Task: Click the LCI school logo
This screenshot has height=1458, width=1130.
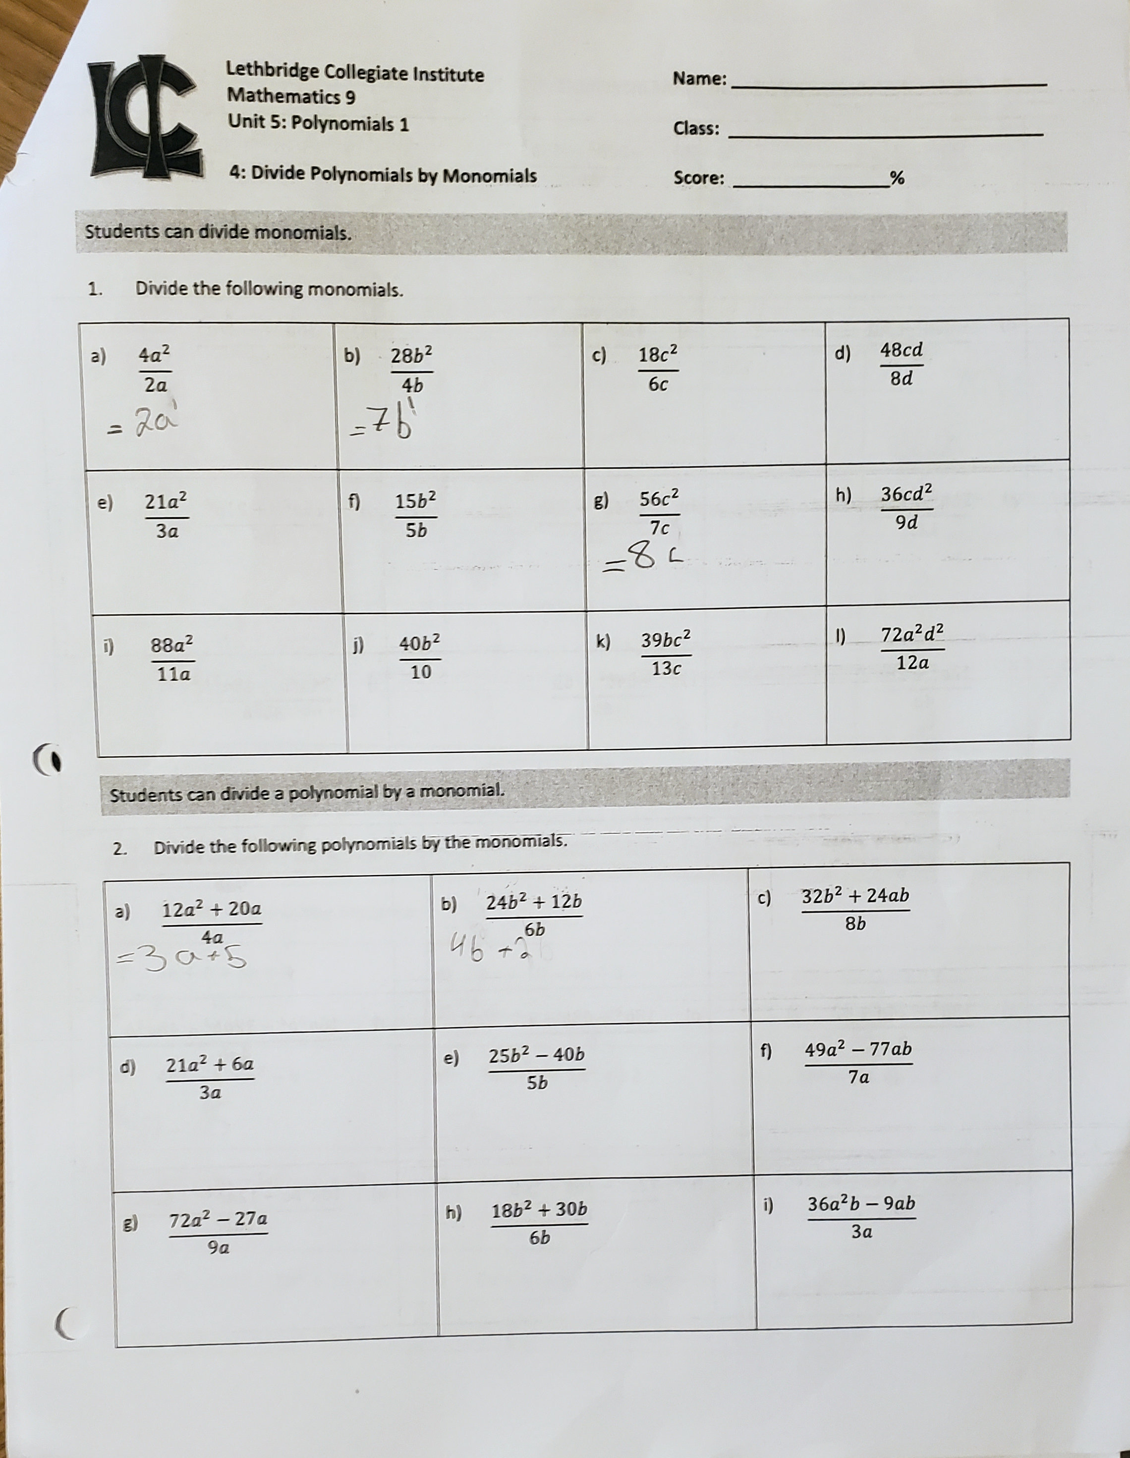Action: point(146,120)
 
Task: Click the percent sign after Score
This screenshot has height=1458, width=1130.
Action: point(897,178)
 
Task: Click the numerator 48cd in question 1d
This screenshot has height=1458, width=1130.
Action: point(902,350)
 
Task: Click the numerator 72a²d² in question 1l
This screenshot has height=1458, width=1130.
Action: point(912,634)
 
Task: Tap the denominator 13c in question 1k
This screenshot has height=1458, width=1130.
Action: point(665,668)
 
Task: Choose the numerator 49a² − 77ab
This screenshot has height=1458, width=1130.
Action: point(858,1049)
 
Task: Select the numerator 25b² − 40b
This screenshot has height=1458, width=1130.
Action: point(536,1055)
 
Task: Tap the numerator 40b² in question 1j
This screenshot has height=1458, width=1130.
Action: point(419,644)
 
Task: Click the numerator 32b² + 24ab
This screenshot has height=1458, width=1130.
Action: point(855,896)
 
